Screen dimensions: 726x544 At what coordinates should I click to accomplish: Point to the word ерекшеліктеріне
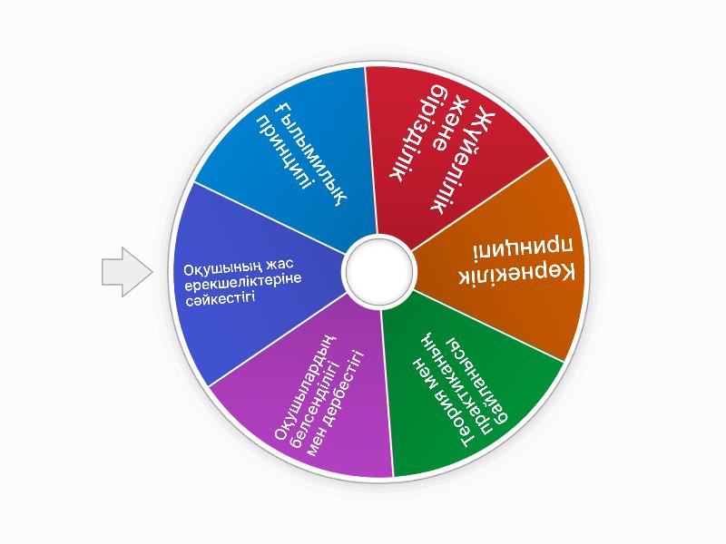click(x=243, y=282)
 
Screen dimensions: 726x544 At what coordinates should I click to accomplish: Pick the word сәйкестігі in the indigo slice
click(x=221, y=299)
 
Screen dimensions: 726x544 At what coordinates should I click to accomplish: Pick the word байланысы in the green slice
click(x=477, y=380)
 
